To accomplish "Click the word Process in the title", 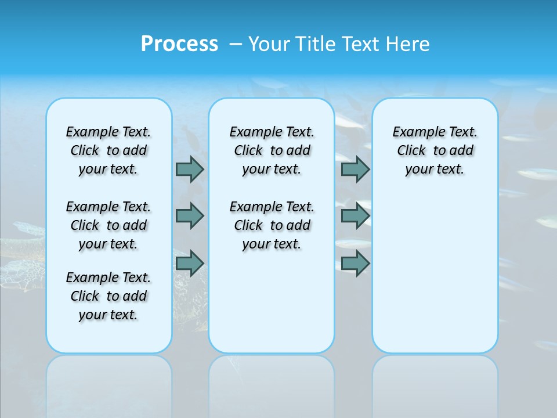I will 179,44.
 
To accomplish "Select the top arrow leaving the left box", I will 190,169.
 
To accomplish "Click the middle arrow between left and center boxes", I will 190,216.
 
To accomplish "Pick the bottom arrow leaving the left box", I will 190,263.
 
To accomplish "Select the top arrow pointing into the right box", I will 355,169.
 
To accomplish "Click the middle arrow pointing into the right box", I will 355,216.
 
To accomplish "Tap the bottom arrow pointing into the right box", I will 355,263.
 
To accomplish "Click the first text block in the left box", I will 108,150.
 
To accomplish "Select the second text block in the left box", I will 108,225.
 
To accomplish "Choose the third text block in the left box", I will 108,296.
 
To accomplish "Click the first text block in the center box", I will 272,150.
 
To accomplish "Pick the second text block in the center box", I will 272,225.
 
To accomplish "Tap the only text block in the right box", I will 435,150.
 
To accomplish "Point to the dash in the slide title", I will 236,44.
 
